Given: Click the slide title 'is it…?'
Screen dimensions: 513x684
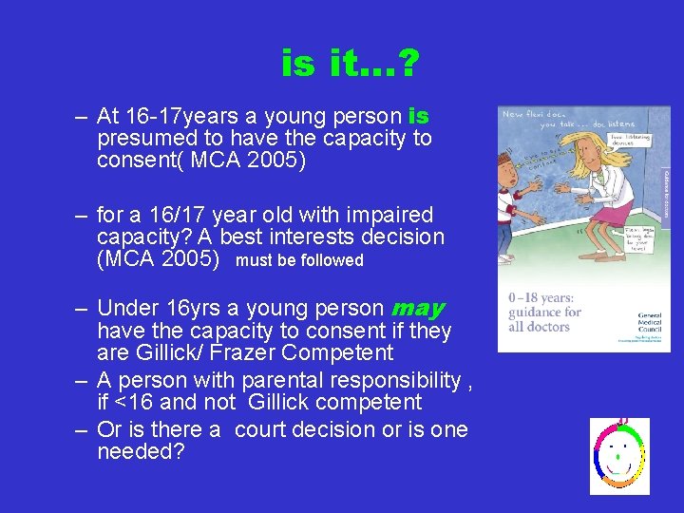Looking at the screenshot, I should [x=351, y=65].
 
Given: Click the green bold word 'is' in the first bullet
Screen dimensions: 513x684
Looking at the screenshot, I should [x=418, y=117].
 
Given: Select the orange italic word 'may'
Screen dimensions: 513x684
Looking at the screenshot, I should [x=418, y=309].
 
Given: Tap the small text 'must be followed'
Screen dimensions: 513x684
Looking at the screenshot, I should [x=299, y=260].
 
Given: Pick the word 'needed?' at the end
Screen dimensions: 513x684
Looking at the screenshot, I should [x=140, y=452].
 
